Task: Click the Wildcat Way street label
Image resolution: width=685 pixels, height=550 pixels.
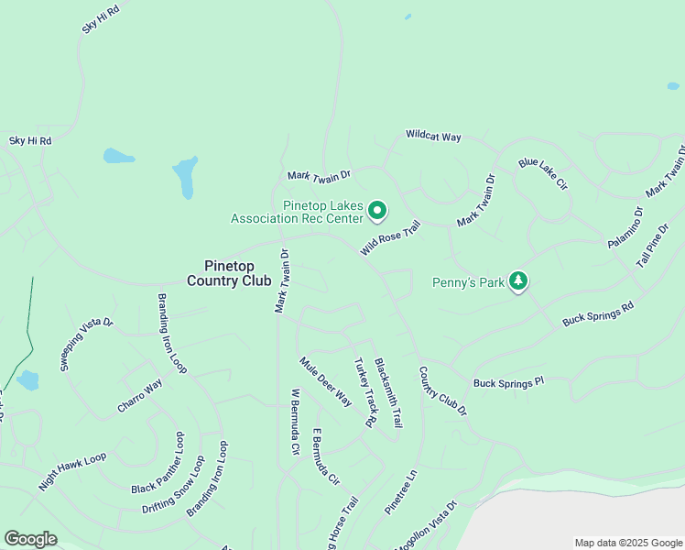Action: coord(433,136)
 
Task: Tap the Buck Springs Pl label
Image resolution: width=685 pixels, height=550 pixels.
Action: coord(508,382)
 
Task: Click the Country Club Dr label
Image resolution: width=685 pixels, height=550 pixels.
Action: coord(443,391)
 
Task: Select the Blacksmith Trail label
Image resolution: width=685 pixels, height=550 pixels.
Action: coord(388,392)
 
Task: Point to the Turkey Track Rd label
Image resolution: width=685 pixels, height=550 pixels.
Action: coord(365,392)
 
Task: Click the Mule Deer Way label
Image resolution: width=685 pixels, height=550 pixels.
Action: coord(325,381)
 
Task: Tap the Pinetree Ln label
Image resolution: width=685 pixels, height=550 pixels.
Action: coord(400,492)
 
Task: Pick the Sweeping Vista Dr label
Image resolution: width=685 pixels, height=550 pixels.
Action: coord(86,344)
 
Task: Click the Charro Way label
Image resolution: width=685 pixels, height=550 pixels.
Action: coord(138,394)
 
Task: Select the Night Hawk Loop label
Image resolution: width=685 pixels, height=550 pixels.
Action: coord(72,471)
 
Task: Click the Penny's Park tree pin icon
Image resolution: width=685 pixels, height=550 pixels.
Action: coord(518,281)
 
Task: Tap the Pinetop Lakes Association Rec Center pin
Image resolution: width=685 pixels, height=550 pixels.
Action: coord(376,212)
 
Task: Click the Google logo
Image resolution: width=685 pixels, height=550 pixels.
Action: coord(30,539)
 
